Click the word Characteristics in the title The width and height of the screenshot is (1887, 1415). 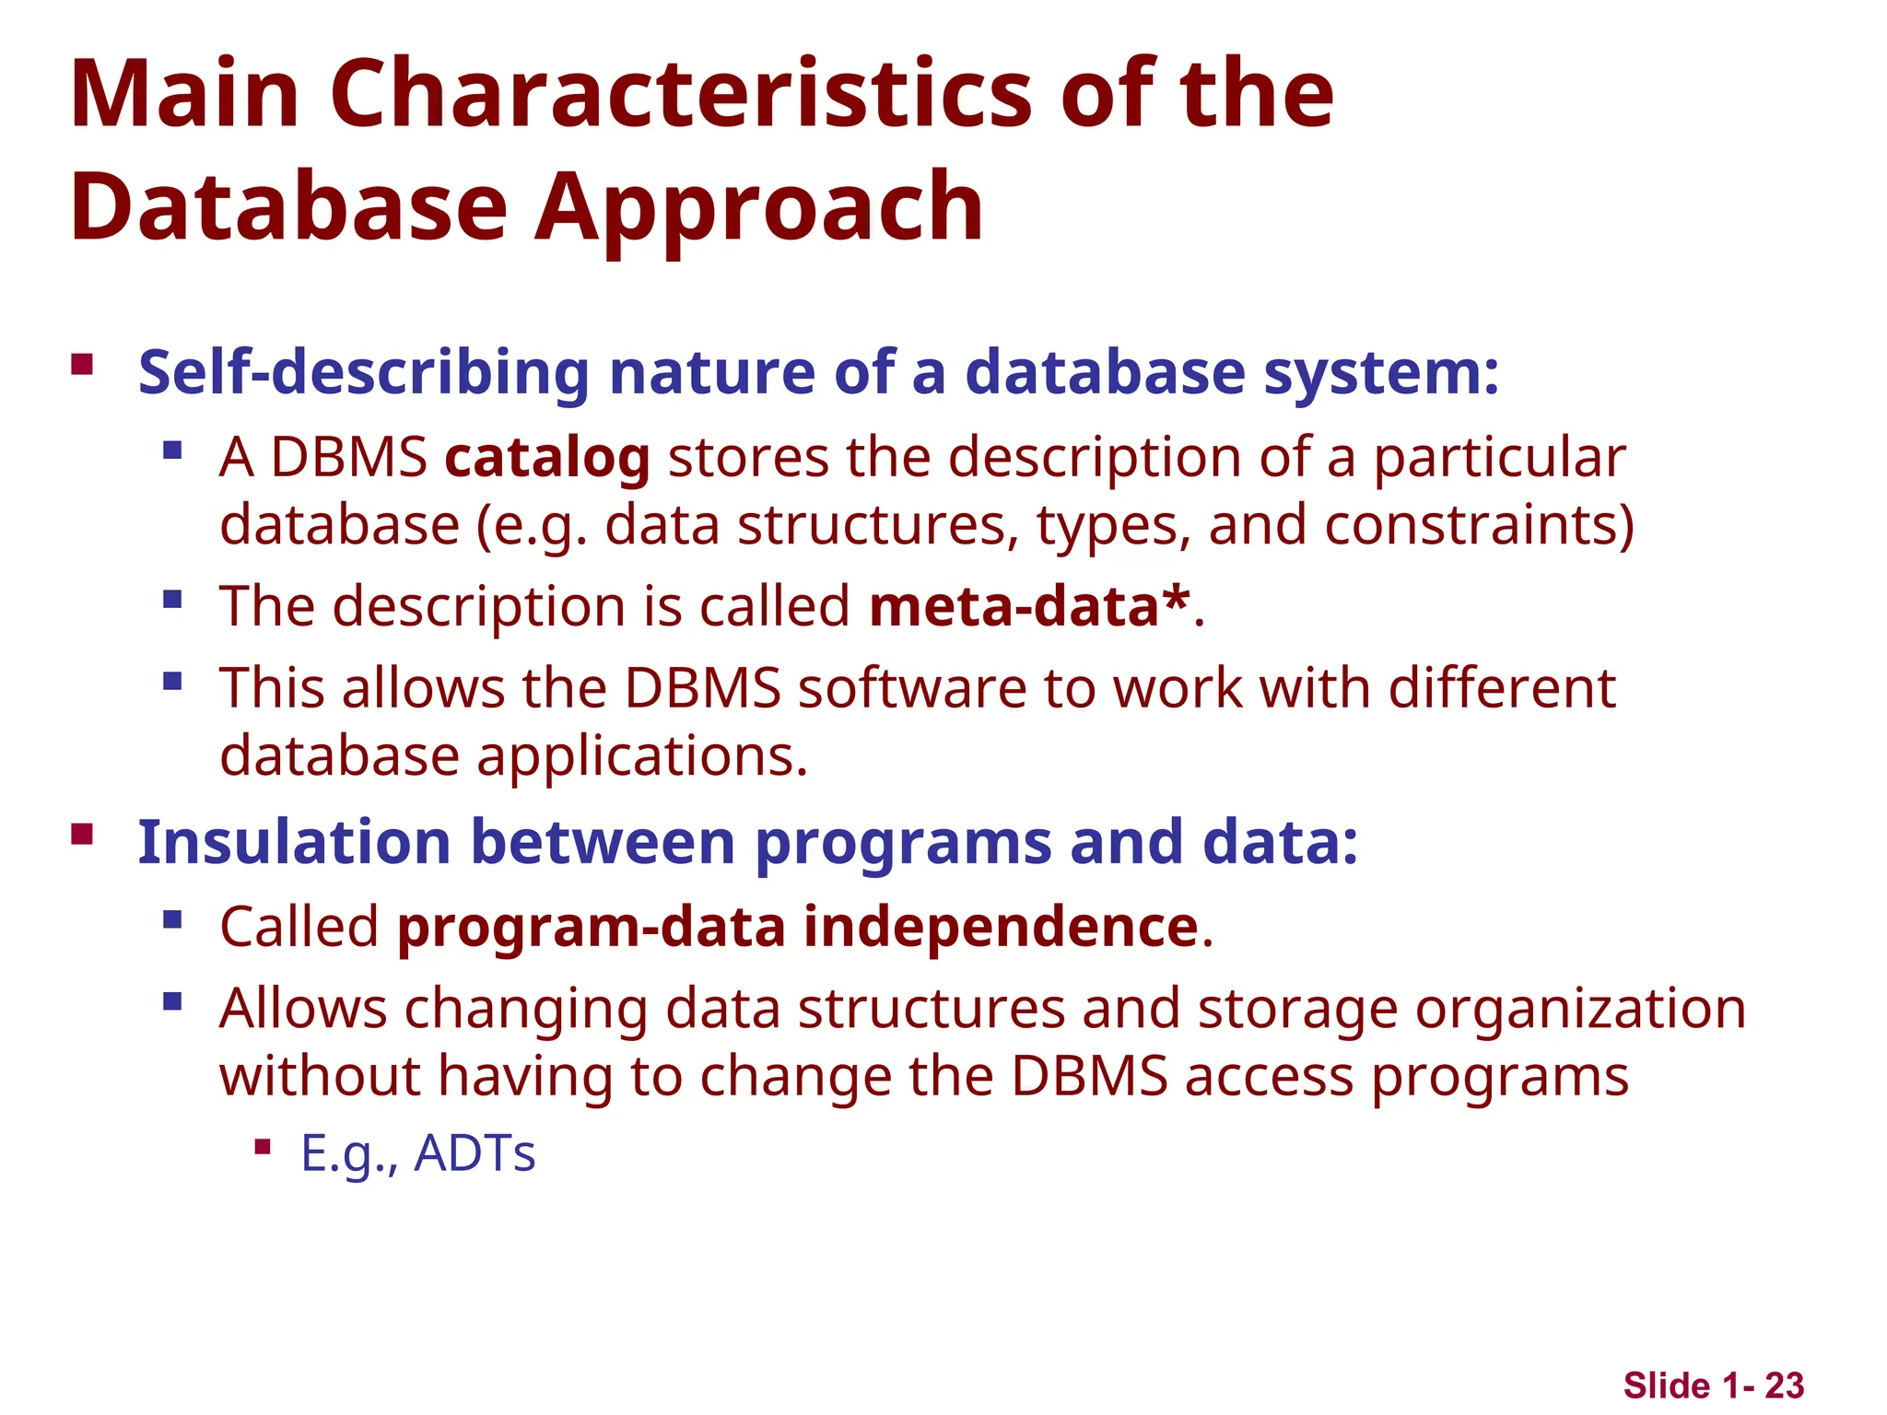coord(681,94)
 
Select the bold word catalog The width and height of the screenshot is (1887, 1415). coord(547,458)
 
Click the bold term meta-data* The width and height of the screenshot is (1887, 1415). coord(1029,607)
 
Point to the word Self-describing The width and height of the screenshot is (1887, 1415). coord(363,373)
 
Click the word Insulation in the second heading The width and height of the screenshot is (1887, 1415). coord(294,842)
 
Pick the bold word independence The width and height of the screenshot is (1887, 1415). coord(1001,927)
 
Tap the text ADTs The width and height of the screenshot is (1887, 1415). coord(475,1153)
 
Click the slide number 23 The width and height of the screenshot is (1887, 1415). coord(1784,1386)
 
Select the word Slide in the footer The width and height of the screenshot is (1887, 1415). coord(1667,1386)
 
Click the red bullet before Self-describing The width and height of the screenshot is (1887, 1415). coord(82,365)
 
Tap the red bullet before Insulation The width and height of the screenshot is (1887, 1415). coord(82,835)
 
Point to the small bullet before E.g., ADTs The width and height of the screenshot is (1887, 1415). coord(263,1147)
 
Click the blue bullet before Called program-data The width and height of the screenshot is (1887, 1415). coord(172,919)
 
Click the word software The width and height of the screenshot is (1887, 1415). coord(911,688)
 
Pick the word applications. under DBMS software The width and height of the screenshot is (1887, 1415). coord(642,757)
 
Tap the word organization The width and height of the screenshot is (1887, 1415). coord(1580,1009)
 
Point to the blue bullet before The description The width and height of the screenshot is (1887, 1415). coord(172,600)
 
